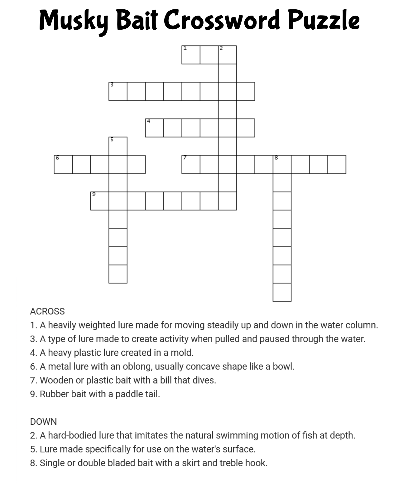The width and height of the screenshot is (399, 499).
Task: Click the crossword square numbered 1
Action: [191, 55]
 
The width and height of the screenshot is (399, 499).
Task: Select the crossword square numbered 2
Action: [227, 55]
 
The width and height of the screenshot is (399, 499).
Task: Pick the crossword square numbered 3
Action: [118, 91]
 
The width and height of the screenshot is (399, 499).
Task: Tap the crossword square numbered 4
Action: [154, 128]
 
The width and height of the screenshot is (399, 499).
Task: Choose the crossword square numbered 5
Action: [118, 146]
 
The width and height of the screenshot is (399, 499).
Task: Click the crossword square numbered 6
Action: [63, 164]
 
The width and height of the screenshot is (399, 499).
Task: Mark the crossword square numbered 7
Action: [191, 164]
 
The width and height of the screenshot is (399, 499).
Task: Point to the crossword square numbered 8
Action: [282, 164]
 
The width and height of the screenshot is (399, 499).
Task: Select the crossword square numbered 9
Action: [100, 201]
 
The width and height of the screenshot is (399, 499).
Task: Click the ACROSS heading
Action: [47, 311]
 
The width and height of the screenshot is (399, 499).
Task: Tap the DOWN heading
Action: [43, 422]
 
